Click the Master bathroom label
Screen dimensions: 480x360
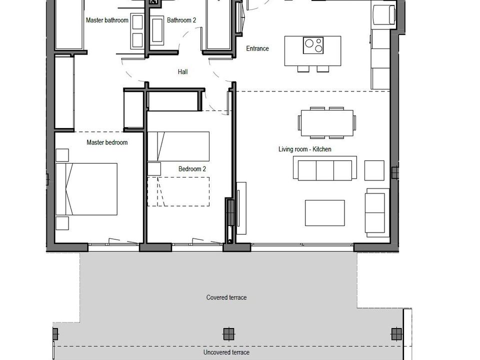(107, 20)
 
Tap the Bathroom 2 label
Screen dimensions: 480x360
(181, 20)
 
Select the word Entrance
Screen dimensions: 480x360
(257, 48)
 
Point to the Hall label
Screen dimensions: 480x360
(183, 71)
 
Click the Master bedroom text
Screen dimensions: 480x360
(107, 142)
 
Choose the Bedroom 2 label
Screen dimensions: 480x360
(192, 168)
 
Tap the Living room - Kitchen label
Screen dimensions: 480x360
(305, 149)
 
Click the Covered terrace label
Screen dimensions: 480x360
(226, 297)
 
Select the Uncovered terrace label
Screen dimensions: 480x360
(226, 352)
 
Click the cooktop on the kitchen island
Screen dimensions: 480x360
(313, 45)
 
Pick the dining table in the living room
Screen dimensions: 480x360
(327, 123)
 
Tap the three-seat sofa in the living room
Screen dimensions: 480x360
(325, 168)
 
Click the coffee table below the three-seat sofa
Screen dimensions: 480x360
(325, 213)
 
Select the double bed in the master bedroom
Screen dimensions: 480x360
(86, 189)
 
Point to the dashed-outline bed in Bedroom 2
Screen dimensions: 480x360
(178, 191)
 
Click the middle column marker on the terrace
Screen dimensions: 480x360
(228, 334)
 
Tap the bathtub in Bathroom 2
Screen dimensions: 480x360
(157, 30)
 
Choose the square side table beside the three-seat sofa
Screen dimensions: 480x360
(374, 170)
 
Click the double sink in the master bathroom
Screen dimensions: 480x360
(137, 31)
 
